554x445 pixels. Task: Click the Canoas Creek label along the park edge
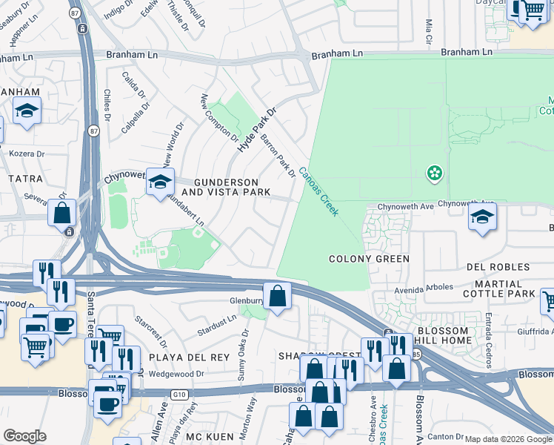[318, 191]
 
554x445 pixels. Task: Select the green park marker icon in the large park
[434, 174]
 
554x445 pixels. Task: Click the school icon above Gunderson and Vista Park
[160, 182]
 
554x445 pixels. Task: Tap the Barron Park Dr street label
[278, 156]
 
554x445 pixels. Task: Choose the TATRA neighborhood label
[27, 179]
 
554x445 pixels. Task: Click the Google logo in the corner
[25, 435]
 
